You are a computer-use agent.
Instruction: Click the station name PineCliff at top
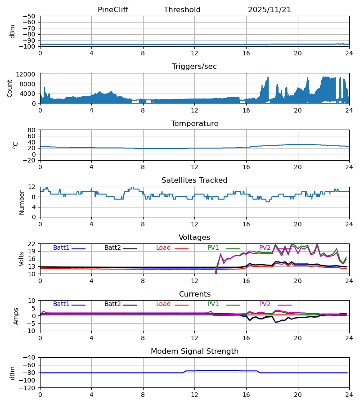pyautogui.click(x=113, y=10)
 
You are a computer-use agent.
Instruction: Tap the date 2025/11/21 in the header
pyautogui.click(x=270, y=10)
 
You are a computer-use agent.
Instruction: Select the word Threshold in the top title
pyautogui.click(x=182, y=10)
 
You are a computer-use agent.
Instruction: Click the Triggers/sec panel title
pyautogui.click(x=194, y=67)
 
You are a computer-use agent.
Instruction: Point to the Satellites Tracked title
pyautogui.click(x=194, y=180)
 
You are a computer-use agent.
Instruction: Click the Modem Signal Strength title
pyautogui.click(x=194, y=351)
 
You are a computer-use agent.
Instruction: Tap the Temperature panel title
pyautogui.click(x=194, y=124)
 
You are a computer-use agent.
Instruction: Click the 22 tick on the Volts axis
pyautogui.click(x=32, y=244)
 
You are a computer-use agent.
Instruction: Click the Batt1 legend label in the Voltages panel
pyautogui.click(x=61, y=248)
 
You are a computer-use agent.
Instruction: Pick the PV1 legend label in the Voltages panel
pyautogui.click(x=213, y=248)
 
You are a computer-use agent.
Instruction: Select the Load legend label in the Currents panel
pyautogui.click(x=163, y=304)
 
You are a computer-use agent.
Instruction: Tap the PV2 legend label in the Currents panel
pyautogui.click(x=265, y=304)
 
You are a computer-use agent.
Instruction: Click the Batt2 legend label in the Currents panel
pyautogui.click(x=112, y=304)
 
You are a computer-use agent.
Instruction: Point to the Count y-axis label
pyautogui.click(x=10, y=88)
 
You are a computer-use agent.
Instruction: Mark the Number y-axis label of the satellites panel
pyautogui.click(x=22, y=202)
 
